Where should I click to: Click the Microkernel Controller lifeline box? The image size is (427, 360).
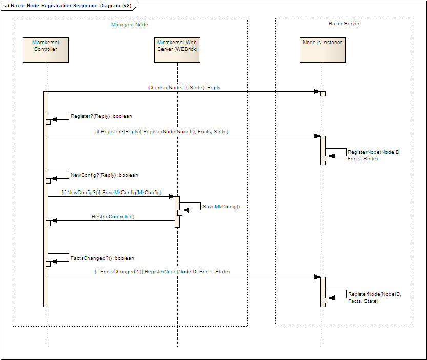(x=45, y=49)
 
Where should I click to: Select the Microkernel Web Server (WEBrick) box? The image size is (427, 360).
(x=177, y=49)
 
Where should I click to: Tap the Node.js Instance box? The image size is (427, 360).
(x=322, y=49)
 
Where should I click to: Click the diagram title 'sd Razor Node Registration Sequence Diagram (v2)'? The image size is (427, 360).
(x=67, y=5)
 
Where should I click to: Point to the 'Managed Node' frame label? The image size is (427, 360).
(x=130, y=25)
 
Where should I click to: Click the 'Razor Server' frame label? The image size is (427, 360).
(x=344, y=24)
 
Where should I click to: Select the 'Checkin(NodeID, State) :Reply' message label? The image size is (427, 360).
(x=184, y=88)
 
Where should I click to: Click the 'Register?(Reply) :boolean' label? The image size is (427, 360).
(x=101, y=116)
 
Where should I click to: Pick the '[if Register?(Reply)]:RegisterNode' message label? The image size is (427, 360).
(x=161, y=132)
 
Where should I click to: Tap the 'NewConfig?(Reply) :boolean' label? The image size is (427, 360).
(x=104, y=175)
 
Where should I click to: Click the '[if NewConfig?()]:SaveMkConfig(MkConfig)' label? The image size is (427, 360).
(x=111, y=193)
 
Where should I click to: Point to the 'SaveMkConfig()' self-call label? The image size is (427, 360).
(x=221, y=207)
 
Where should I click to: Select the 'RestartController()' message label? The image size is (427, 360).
(x=113, y=217)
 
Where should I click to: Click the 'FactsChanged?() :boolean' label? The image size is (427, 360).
(x=102, y=258)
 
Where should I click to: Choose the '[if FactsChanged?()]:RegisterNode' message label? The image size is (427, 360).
(x=162, y=272)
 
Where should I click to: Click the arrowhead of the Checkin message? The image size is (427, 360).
(x=317, y=92)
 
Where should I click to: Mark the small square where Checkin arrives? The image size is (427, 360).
(x=323, y=94)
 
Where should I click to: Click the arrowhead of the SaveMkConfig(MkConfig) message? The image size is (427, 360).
(x=172, y=197)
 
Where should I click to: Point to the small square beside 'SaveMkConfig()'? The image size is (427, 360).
(x=180, y=213)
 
